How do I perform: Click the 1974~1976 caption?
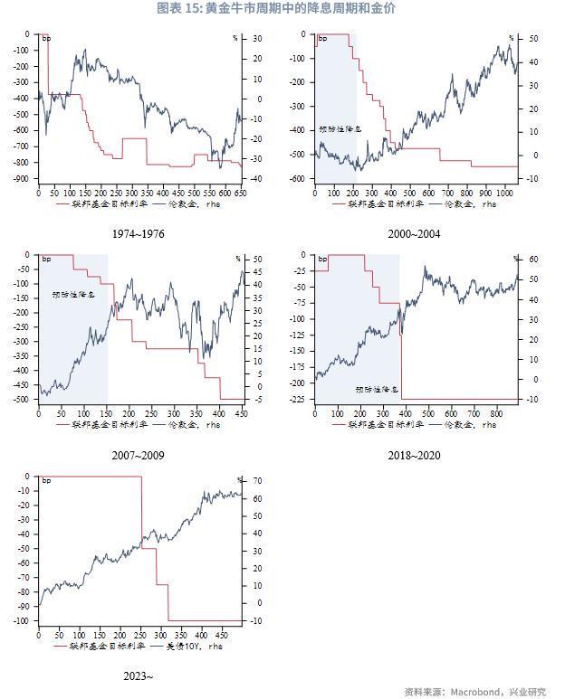pos(139,234)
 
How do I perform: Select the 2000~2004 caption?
pos(415,234)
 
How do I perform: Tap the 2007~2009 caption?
pos(139,455)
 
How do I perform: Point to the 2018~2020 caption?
pos(415,455)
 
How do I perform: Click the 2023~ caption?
pos(139,675)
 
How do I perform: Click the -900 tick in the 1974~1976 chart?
pos(21,179)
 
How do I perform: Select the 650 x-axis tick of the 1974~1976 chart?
pos(239,193)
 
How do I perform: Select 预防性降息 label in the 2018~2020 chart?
pos(376,389)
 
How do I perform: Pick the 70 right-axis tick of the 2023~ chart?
pos(256,481)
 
